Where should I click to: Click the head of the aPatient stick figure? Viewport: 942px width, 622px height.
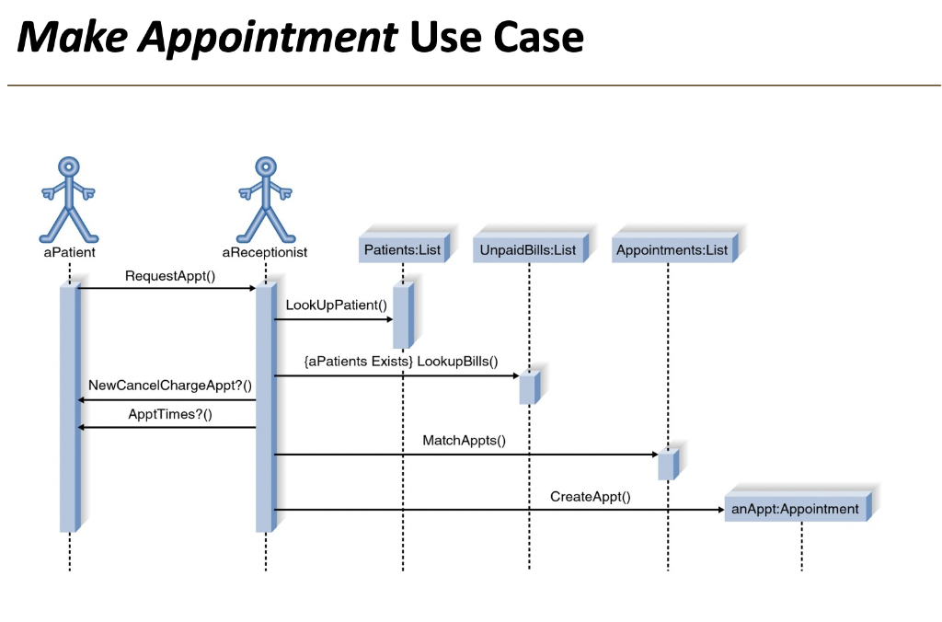[x=69, y=167]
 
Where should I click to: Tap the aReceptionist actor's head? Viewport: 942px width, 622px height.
[x=266, y=167]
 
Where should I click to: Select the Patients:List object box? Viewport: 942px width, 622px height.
[x=403, y=249]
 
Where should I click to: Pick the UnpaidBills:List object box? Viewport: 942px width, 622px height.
[x=529, y=249]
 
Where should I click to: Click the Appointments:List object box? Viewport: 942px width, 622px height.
[x=672, y=249]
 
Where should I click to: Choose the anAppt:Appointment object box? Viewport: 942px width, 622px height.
[x=796, y=509]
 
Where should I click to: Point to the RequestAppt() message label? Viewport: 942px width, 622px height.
[x=170, y=275]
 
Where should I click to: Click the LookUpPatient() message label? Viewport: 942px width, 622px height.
[x=337, y=305]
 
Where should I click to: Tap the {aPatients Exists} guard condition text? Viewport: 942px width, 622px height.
[x=358, y=362]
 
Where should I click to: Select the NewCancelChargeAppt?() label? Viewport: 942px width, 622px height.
[x=170, y=385]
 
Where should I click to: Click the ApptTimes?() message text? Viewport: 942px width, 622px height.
[x=170, y=414]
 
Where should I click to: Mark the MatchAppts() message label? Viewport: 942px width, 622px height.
[x=464, y=441]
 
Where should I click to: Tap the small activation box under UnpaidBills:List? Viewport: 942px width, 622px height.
[x=529, y=386]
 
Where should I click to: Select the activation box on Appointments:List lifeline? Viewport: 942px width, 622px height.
[x=667, y=464]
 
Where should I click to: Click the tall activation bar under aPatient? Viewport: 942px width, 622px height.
[x=69, y=409]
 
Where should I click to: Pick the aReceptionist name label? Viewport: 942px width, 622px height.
[x=265, y=251]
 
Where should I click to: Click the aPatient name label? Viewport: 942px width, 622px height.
[x=69, y=251]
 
